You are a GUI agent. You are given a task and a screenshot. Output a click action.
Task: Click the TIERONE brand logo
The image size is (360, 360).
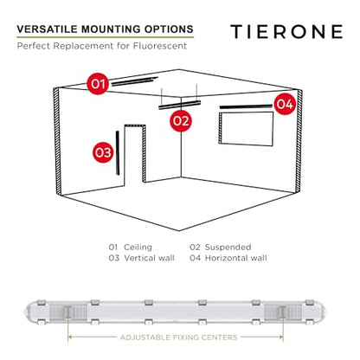pos(286,31)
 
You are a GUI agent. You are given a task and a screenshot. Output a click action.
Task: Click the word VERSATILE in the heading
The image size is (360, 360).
pos(48,29)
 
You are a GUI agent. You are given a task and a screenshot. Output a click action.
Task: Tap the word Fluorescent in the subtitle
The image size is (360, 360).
pos(160,46)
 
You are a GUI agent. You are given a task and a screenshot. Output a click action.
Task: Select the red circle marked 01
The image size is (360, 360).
pos(98,84)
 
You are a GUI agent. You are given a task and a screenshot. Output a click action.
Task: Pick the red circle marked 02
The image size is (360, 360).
pos(181,120)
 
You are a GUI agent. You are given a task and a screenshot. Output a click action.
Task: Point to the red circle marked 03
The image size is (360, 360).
pos(103,152)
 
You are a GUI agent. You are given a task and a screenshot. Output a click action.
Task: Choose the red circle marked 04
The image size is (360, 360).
pos(285,104)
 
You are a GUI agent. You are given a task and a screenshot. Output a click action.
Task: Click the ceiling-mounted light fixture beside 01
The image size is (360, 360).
pos(135,81)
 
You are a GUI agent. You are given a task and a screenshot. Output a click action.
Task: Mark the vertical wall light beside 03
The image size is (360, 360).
pos(118,153)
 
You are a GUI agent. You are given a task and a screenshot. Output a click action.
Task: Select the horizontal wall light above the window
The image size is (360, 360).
pos(246,106)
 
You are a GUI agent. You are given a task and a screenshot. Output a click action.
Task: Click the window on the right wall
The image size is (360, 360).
pos(246,129)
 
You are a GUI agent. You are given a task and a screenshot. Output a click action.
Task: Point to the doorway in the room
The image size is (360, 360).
pos(135,154)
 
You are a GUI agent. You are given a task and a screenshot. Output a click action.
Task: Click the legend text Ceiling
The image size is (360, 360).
pos(138,247)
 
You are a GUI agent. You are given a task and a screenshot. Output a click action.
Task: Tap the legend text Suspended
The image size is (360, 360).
pos(228,247)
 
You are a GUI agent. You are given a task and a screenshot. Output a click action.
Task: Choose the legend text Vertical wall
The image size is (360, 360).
pos(149,258)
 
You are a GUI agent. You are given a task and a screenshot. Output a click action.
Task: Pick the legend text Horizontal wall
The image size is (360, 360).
pos(236,258)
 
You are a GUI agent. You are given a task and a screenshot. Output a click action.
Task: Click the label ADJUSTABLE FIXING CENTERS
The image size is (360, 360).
pos(179,337)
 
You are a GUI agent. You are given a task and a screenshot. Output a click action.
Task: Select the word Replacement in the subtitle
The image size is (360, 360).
pos(84,46)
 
